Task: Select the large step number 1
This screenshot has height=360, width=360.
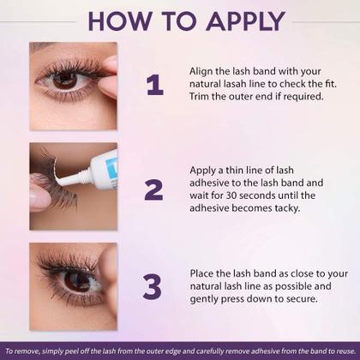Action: (x=154, y=86)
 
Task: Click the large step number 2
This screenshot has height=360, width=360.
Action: (x=153, y=189)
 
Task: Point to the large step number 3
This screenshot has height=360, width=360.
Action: (x=153, y=287)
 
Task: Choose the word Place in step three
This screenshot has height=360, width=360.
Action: (x=204, y=273)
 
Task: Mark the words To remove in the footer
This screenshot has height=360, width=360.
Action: (x=19, y=351)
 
